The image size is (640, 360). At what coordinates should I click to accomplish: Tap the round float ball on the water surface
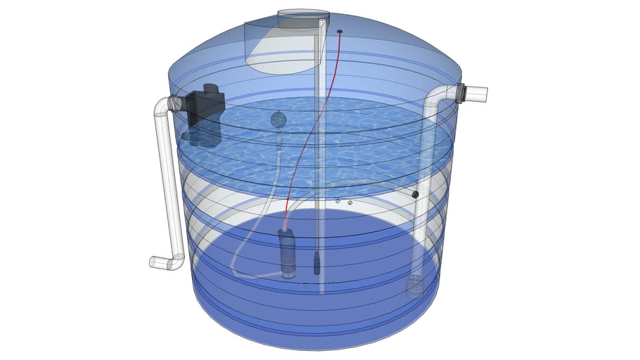(x=279, y=120)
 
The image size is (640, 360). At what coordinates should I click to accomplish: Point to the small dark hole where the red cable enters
(x=340, y=32)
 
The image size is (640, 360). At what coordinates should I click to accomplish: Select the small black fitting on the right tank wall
(x=415, y=194)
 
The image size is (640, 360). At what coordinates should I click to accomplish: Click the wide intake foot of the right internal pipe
(x=415, y=287)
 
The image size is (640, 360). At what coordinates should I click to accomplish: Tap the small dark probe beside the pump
(x=316, y=264)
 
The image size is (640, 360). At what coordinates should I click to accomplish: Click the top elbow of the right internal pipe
(x=436, y=95)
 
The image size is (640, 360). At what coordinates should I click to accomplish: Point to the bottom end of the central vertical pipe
(x=322, y=290)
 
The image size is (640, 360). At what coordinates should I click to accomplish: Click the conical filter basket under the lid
(x=281, y=53)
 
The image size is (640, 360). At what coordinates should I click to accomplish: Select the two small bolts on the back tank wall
(x=344, y=202)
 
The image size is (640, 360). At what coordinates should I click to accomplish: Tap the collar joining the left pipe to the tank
(x=177, y=104)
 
